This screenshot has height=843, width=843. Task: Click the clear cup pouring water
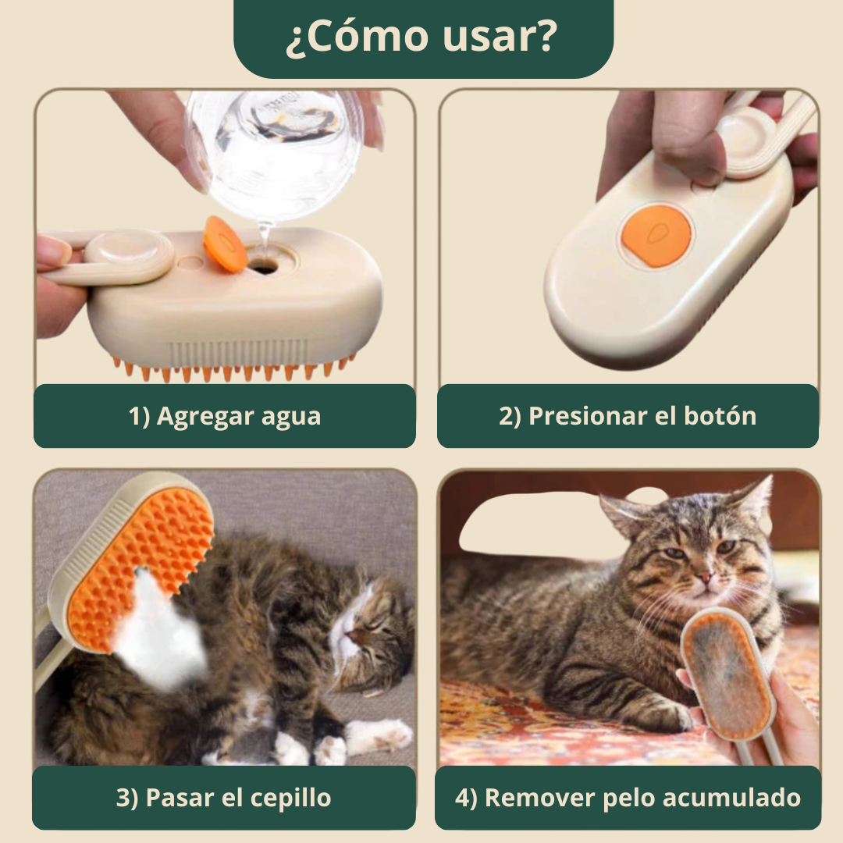pos(274,153)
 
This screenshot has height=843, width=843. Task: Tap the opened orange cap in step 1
pos(225,244)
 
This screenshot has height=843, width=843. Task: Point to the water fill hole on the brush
pos(263,265)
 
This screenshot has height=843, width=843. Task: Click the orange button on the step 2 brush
pos(656,236)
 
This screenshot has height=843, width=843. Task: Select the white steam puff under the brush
pos(162,635)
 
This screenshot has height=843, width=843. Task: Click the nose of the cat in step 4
pos(705,578)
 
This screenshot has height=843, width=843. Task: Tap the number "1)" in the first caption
pos(139,416)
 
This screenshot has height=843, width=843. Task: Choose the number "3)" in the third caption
pos(127,798)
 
